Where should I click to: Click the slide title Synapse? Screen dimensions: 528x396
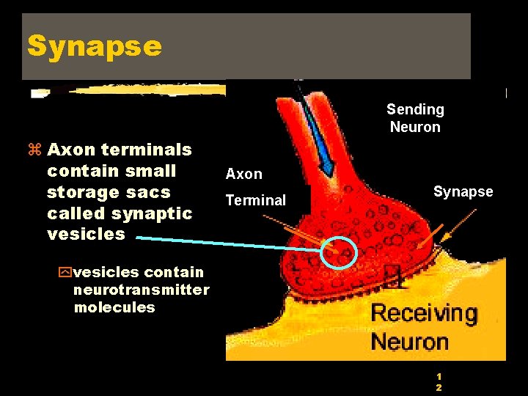click(x=95, y=45)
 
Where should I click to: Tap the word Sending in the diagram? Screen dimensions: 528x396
click(x=415, y=109)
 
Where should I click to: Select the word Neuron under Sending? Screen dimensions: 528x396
click(x=415, y=127)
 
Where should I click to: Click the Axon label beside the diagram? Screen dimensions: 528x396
click(x=243, y=174)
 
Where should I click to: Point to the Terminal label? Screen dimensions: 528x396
click(x=255, y=200)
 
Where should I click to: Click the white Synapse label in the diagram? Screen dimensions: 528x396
click(x=463, y=191)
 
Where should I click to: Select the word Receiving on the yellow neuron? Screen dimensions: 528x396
click(x=424, y=313)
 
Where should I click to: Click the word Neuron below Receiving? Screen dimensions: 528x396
click(x=409, y=341)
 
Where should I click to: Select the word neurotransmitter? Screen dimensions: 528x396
click(x=141, y=290)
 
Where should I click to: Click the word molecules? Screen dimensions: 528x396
click(x=114, y=307)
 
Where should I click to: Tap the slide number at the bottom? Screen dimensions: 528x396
click(x=439, y=381)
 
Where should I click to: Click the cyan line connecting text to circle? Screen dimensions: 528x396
click(x=227, y=243)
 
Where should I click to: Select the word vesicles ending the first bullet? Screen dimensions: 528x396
click(x=86, y=234)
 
